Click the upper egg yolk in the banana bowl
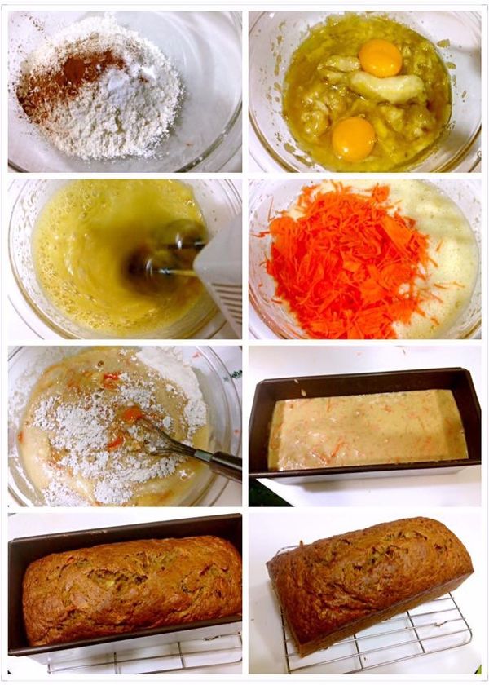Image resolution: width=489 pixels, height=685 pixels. pos(381,58)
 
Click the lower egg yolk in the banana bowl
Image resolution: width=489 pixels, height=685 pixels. pos(354,138)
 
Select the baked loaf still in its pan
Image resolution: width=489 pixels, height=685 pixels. pos(130,587)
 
